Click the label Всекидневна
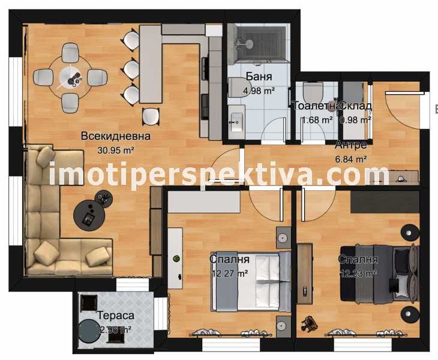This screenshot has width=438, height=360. point(116,136)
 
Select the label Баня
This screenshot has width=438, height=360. point(259,77)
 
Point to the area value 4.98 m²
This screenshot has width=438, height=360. point(259,91)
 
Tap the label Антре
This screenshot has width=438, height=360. point(351,145)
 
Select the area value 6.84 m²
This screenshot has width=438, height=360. point(351,160)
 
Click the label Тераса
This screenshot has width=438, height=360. point(115,316)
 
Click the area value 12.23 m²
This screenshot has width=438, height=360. point(358,274)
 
